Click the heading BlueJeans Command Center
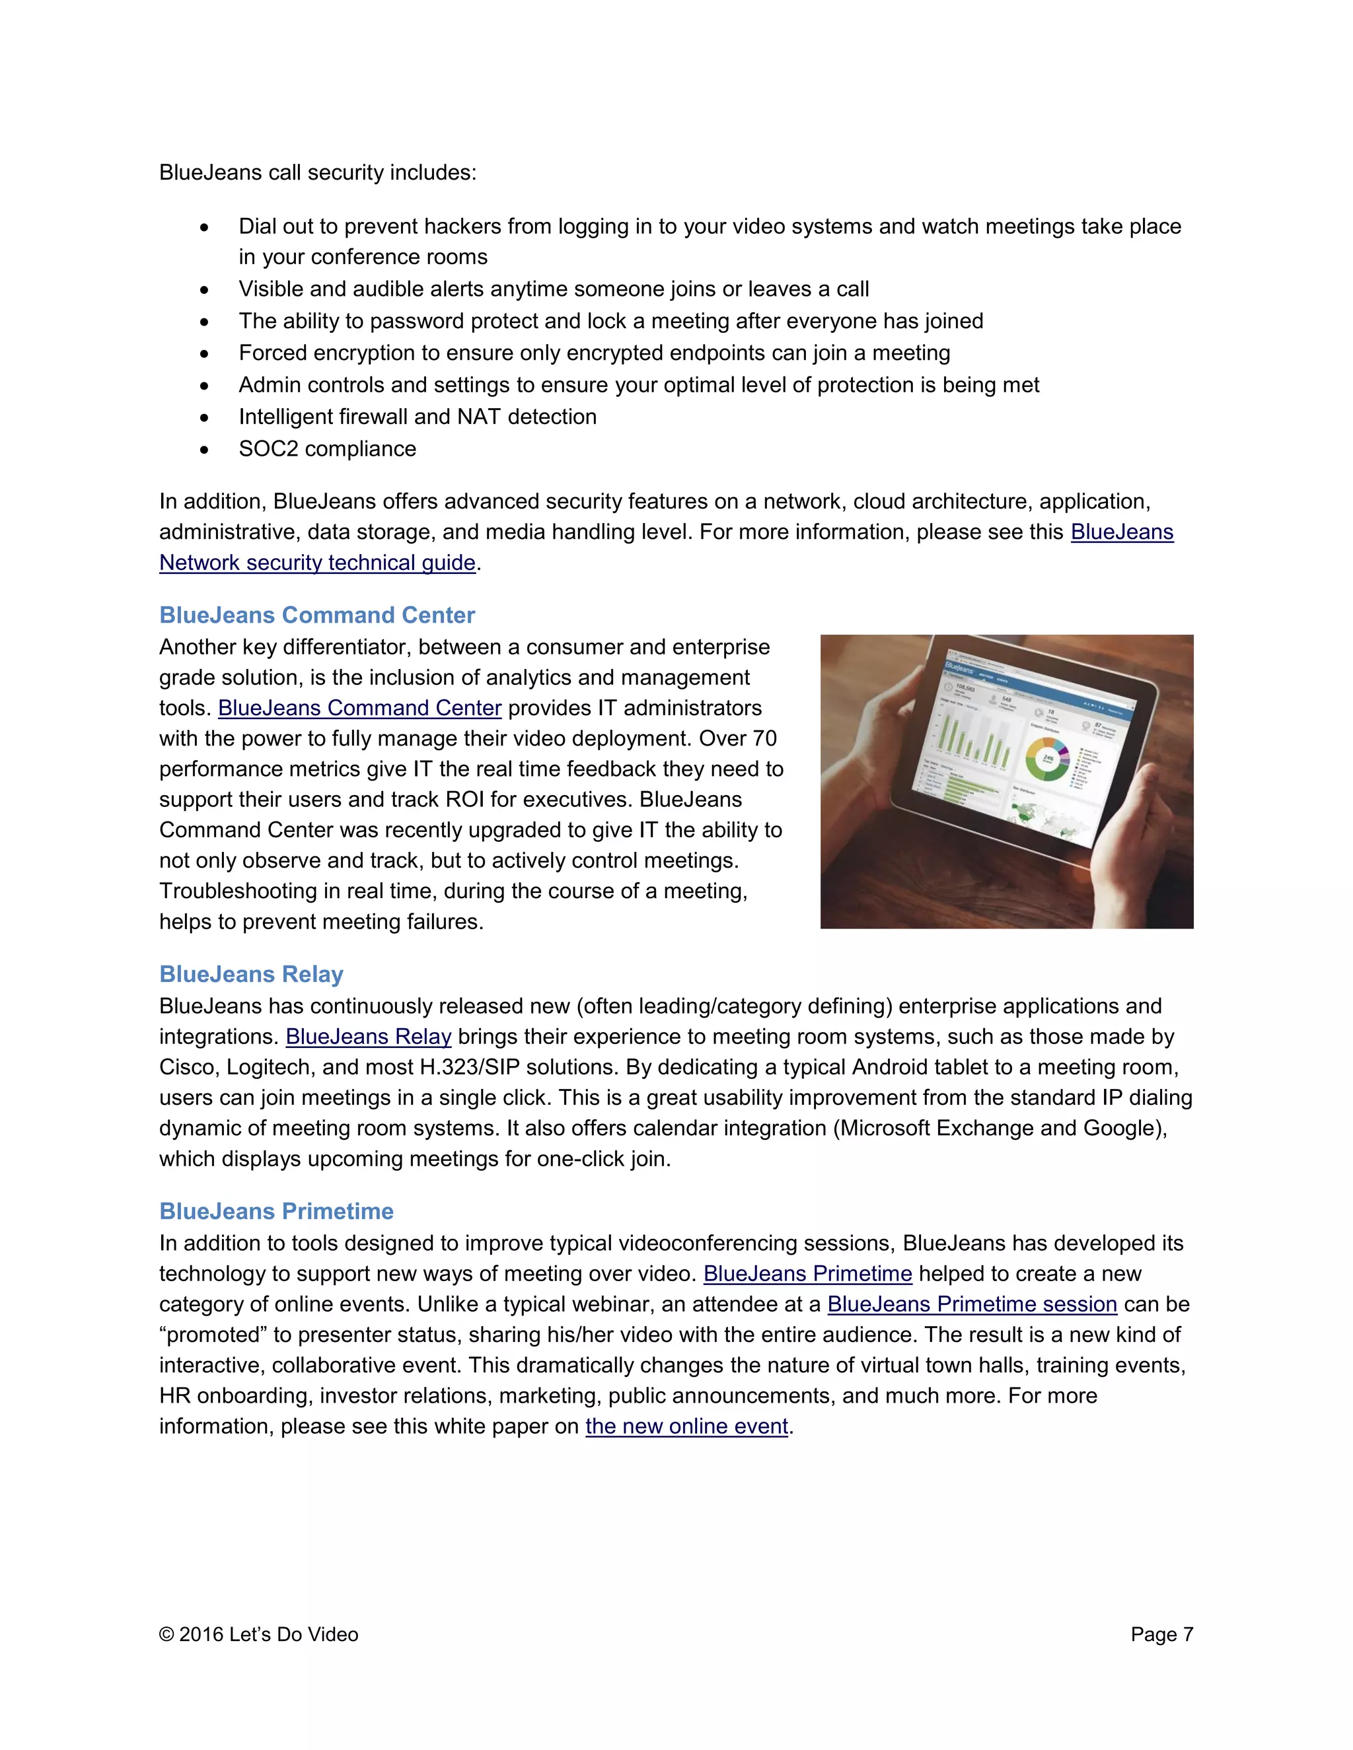(x=316, y=615)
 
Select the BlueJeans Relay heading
(x=251, y=973)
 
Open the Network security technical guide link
(x=317, y=563)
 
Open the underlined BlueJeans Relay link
(x=368, y=1036)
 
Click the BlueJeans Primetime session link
(x=971, y=1304)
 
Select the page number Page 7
(x=1161, y=1634)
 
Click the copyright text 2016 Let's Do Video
(x=268, y=1634)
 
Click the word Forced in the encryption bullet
(x=273, y=353)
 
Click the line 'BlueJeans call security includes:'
(x=317, y=172)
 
